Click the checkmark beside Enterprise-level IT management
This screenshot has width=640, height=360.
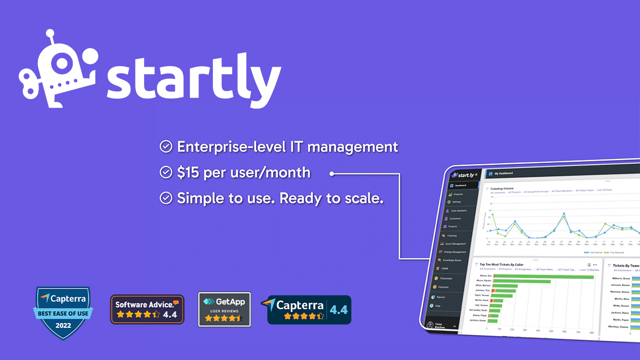click(x=166, y=147)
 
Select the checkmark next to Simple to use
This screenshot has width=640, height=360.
click(x=166, y=198)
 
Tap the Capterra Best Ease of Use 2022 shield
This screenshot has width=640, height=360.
click(x=63, y=314)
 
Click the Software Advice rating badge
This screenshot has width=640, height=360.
click(x=147, y=309)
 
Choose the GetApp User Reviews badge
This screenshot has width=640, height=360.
click(x=224, y=309)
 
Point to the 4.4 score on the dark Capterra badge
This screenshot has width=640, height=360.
click(x=339, y=309)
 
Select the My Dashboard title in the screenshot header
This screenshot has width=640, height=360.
click(x=504, y=173)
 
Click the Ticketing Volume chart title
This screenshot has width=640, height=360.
click(x=502, y=188)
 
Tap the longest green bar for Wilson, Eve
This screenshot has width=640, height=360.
click(x=542, y=277)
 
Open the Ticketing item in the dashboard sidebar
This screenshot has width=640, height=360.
click(x=451, y=235)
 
